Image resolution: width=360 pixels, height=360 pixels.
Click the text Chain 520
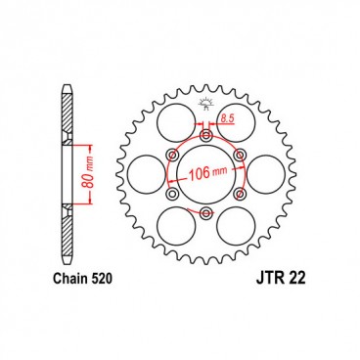coord(81,279)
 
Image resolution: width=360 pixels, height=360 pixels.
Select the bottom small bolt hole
coord(204,212)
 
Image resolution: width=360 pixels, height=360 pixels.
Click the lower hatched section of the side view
coord(67,230)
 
